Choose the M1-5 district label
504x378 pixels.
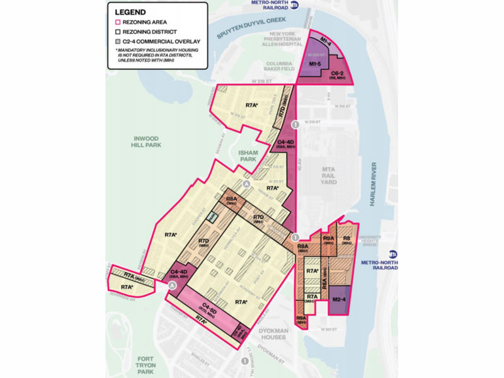(320, 64)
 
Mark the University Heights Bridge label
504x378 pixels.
(377, 242)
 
